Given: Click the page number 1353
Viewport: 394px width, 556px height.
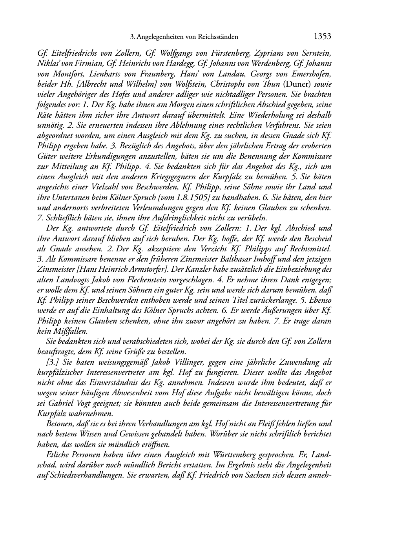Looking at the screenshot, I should tap(323, 37).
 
